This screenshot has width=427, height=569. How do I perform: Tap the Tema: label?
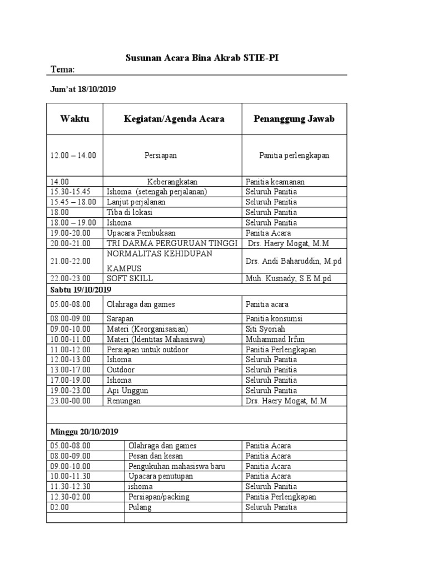[x=62, y=69]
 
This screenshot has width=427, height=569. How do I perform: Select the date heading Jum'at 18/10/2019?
[x=83, y=89]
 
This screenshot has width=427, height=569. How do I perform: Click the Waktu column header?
[x=75, y=119]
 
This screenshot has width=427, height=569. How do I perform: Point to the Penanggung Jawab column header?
[x=294, y=119]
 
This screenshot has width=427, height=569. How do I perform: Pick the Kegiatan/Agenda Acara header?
[x=173, y=119]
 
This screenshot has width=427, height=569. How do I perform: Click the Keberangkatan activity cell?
[x=172, y=182]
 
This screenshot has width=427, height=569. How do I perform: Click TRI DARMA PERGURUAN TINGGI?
[x=172, y=243]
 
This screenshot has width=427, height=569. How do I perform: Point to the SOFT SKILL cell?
[x=130, y=278]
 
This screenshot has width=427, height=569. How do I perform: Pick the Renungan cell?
[x=123, y=401]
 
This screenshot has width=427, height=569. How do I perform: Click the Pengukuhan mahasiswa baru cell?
[x=177, y=466]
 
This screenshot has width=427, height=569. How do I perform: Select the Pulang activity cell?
[x=139, y=507]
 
